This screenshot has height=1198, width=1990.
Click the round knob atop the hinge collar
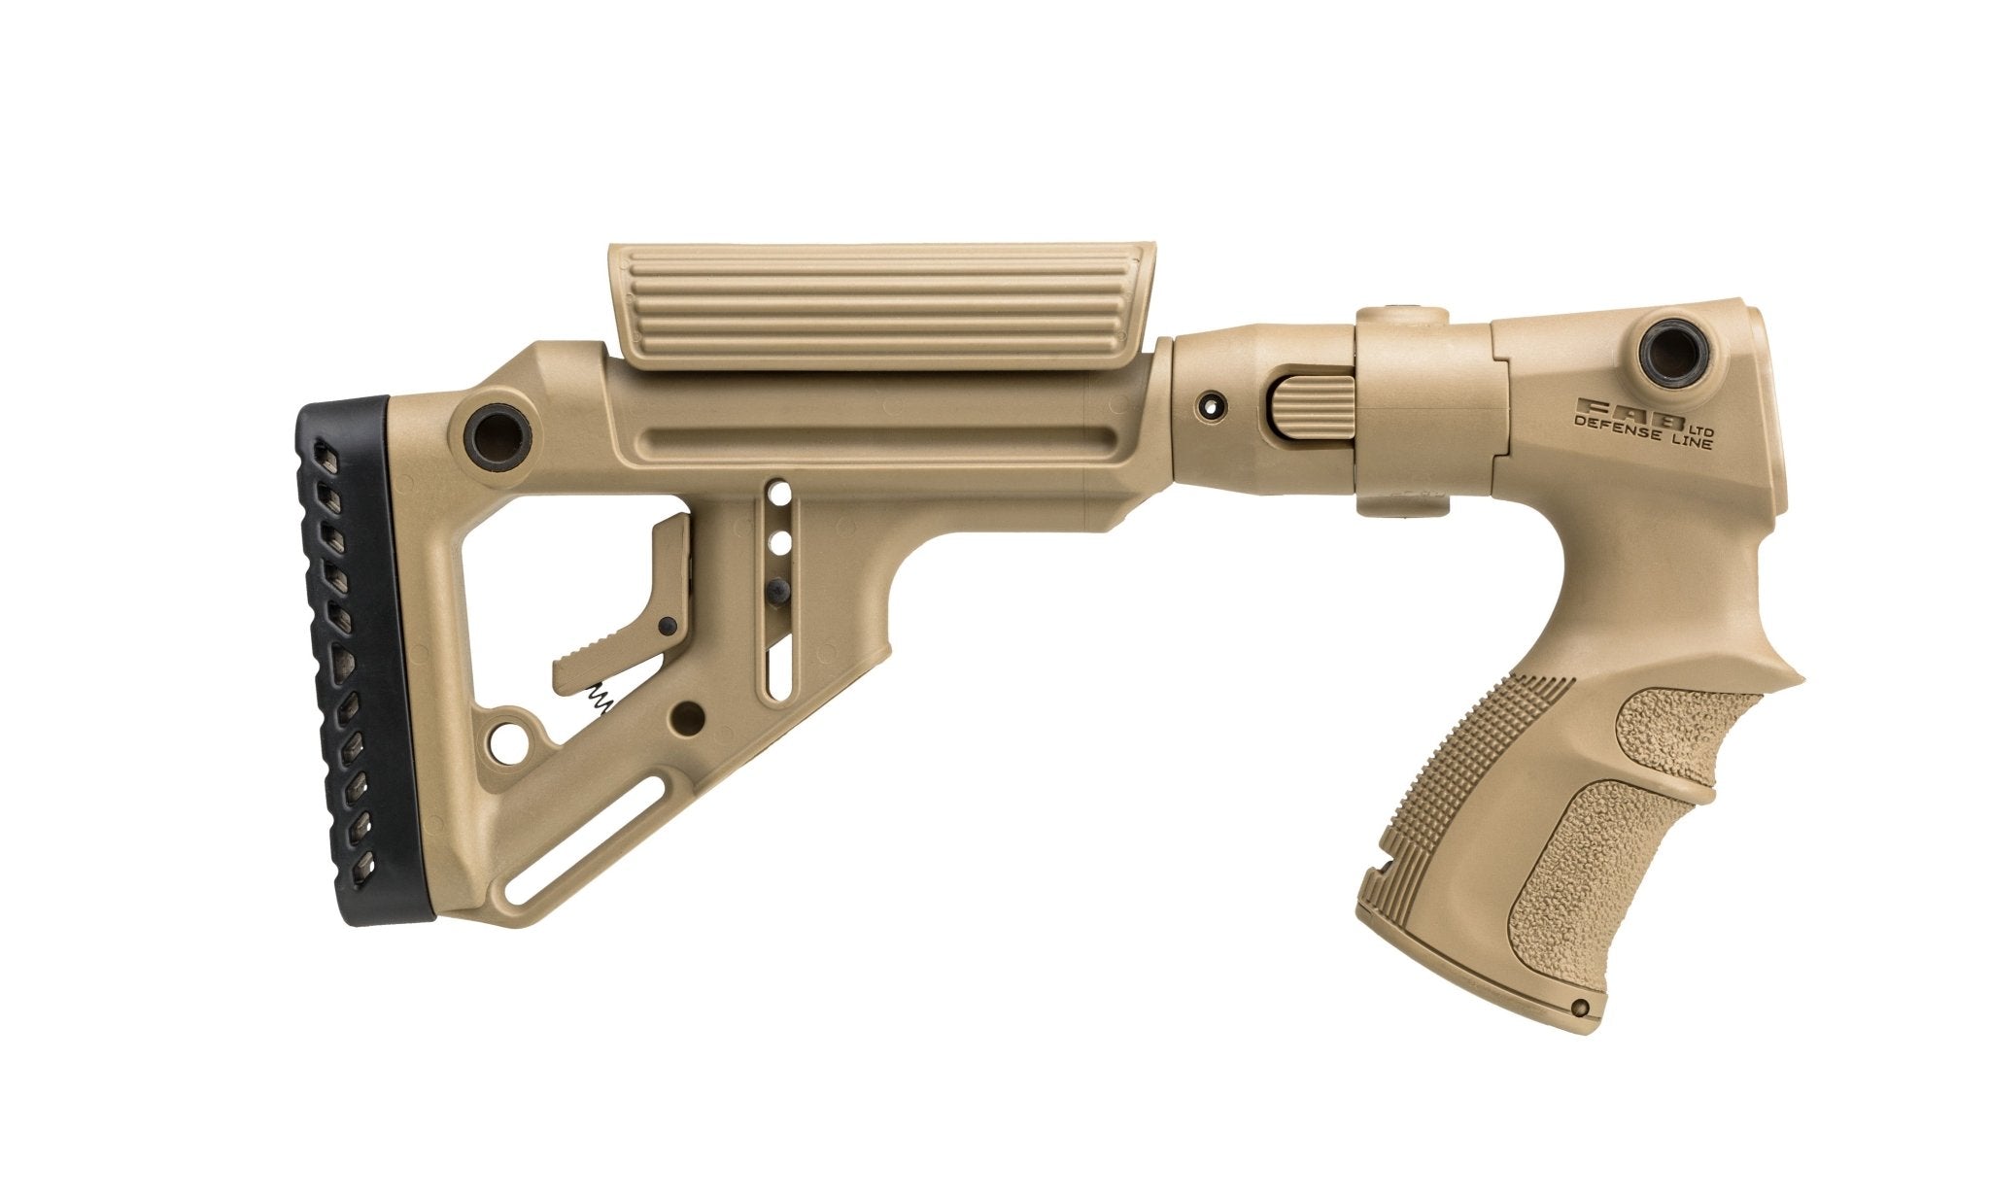tap(1404, 313)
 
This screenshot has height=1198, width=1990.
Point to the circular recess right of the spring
tap(691, 717)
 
